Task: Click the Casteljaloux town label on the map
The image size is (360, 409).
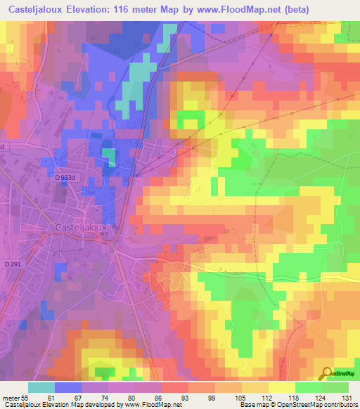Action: pyautogui.click(x=83, y=228)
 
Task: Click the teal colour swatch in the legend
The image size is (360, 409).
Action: pyautogui.click(x=41, y=387)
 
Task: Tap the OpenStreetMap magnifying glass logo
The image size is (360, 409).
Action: pyautogui.click(x=326, y=373)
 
